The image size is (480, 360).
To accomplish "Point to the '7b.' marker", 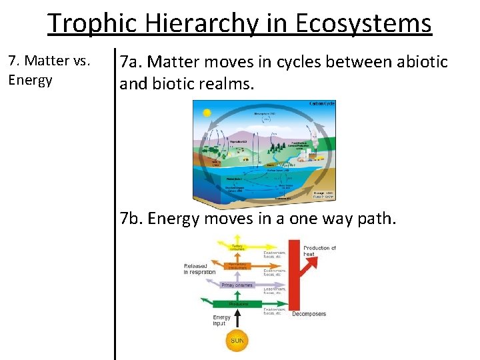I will tap(132, 218).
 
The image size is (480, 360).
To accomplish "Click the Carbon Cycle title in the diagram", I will tap(322, 104).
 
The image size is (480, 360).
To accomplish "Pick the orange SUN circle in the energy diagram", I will tap(238, 341).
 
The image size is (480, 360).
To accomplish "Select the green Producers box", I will tap(238, 304).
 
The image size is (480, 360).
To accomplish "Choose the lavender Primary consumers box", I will tap(238, 285).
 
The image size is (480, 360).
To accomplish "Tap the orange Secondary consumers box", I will tap(238, 266).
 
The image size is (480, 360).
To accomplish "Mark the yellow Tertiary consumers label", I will tap(238, 248).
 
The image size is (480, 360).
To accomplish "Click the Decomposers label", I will tap(309, 313).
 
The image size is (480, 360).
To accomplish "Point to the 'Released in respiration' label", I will tap(199, 269).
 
